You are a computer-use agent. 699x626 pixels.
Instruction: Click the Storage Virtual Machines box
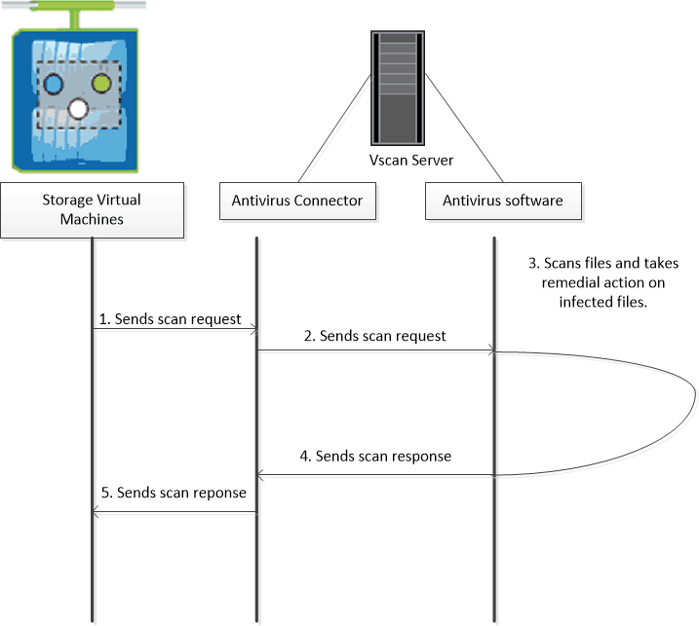pos(92,208)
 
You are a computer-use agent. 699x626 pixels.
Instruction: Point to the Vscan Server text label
pos(398,159)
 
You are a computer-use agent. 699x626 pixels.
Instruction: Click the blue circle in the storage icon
pos(55,85)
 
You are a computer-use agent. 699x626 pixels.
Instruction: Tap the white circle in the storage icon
pos(79,107)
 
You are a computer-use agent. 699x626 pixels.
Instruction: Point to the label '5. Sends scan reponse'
pos(174,493)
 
